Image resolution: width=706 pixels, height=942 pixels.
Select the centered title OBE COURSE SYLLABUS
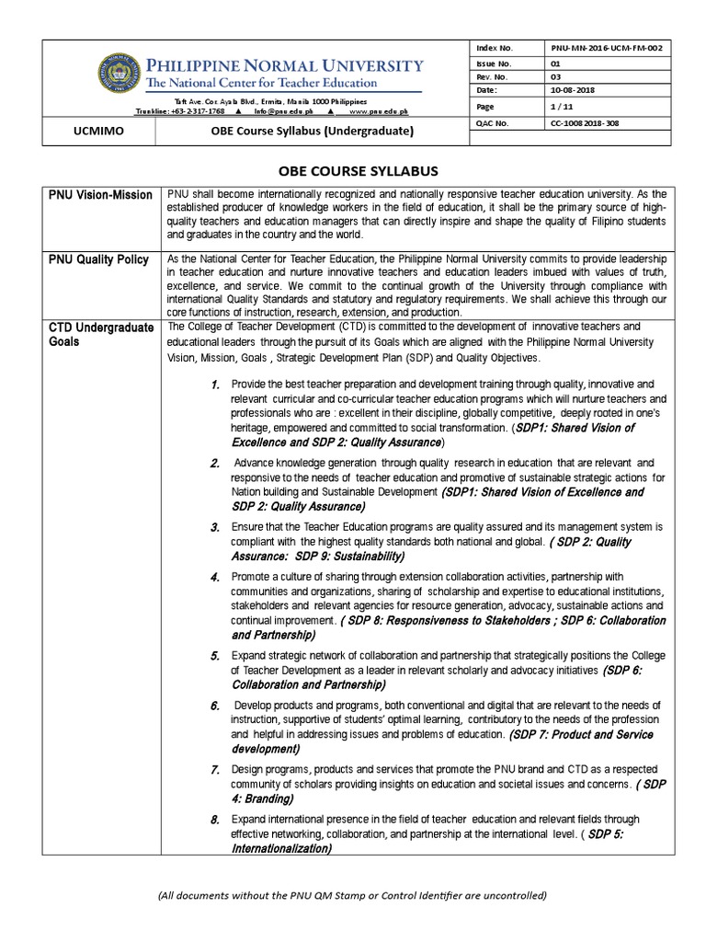(353, 170)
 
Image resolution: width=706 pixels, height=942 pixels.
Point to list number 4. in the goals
(214, 577)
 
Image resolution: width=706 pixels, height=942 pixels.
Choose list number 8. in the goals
(214, 820)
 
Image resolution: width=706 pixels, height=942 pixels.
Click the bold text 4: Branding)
(262, 798)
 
